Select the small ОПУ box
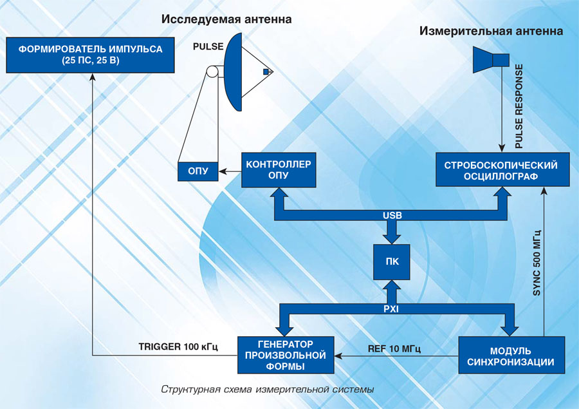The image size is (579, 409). [198, 172]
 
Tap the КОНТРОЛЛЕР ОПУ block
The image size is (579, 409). [279, 170]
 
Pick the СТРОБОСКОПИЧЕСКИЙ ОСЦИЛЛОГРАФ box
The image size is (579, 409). [501, 170]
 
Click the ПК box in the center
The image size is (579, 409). [391, 262]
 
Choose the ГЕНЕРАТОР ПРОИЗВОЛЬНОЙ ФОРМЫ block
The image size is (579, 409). [286, 354]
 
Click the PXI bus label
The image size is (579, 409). [391, 309]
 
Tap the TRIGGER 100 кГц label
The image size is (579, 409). [179, 347]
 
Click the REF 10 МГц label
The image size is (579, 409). [394, 348]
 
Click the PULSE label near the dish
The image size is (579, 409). [208, 47]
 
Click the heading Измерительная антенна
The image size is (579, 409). [491, 31]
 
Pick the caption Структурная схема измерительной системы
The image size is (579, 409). [267, 390]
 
